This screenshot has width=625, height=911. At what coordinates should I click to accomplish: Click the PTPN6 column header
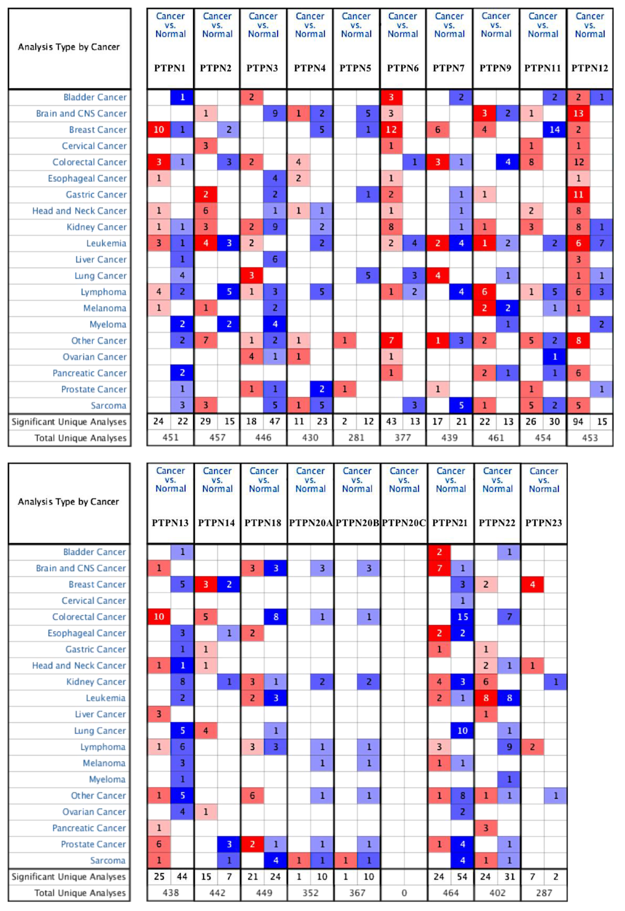[402, 68]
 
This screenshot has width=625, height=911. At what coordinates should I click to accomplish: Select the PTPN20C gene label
[404, 523]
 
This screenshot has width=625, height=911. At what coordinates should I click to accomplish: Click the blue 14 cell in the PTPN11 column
[555, 130]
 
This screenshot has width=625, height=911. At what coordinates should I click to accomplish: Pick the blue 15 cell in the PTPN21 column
[463, 617]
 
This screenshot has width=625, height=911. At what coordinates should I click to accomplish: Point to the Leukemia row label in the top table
[106, 243]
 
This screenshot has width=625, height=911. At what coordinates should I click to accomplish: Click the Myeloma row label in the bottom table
[107, 779]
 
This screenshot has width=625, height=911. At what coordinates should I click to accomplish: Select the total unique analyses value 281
[356, 438]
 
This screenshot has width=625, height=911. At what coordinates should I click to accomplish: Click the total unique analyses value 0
[404, 893]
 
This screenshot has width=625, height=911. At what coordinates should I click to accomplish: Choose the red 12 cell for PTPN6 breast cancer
[391, 130]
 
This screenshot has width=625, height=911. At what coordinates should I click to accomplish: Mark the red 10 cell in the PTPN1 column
[159, 130]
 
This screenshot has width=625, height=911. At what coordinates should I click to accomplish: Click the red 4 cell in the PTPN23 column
[532, 585]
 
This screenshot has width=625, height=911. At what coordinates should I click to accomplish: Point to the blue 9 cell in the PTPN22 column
[509, 747]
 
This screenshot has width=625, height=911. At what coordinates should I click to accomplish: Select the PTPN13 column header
[170, 523]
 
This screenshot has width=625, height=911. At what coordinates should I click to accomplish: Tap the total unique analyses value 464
[451, 893]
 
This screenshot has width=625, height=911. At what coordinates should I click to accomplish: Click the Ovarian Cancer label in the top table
[94, 357]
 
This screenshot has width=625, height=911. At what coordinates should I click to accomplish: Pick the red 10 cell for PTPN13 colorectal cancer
[159, 617]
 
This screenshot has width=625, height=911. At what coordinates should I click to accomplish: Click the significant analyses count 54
[463, 876]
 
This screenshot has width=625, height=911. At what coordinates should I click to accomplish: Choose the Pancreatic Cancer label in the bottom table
[89, 828]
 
